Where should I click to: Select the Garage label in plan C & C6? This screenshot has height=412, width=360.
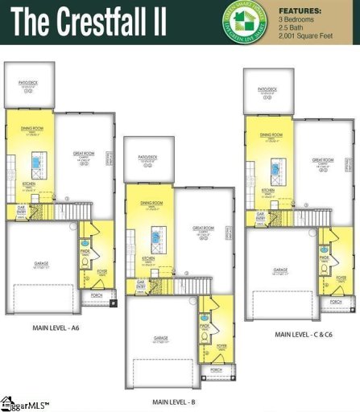point(280,270)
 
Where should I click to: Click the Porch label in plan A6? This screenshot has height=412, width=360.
point(97,296)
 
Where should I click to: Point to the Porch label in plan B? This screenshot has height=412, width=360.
point(215,369)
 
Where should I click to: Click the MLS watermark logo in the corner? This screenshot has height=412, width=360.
point(24,403)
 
